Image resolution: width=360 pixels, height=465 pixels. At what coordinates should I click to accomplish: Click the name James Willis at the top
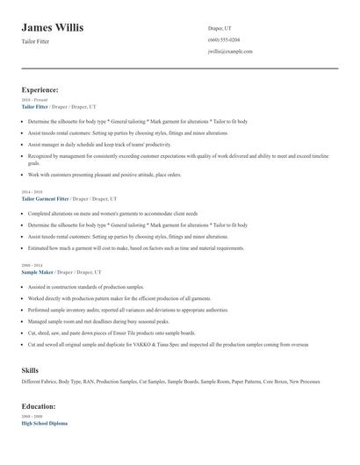(x=53, y=28)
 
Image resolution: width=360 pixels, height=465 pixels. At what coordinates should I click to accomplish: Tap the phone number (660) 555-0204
(x=224, y=39)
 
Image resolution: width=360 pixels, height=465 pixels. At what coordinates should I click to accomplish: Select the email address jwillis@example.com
(x=230, y=52)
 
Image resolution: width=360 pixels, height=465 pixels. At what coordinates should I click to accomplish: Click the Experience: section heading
(x=40, y=89)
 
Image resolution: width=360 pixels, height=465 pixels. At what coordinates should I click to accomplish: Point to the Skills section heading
(x=30, y=371)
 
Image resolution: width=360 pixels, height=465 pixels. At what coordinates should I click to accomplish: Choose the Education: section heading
(x=39, y=407)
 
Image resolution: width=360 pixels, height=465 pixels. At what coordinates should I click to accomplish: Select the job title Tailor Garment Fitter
(x=45, y=199)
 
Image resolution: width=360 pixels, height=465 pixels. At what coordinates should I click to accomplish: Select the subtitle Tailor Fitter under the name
(x=36, y=41)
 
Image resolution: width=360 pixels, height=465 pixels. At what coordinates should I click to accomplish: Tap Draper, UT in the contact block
(x=220, y=28)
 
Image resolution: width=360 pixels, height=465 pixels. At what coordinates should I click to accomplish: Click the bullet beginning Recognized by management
(x=176, y=155)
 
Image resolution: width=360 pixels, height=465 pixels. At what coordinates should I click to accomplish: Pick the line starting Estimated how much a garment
(x=136, y=248)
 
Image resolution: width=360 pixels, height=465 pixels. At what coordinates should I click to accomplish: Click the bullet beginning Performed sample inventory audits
(x=127, y=310)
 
